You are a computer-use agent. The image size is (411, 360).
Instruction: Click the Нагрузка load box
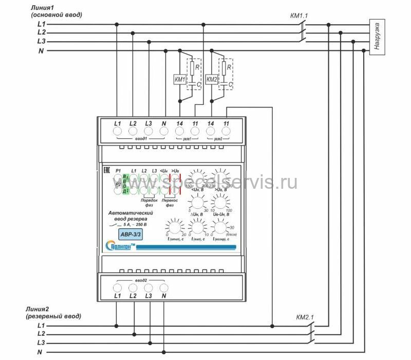378,38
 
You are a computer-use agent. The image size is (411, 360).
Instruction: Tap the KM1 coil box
180,80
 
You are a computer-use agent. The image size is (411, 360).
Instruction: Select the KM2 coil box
212,80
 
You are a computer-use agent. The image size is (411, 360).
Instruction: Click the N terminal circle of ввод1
163,132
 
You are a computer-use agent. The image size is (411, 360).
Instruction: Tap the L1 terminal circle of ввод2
117,287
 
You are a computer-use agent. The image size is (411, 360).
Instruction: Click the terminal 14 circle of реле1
180,132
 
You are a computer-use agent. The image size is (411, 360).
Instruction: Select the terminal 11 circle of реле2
226,132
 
